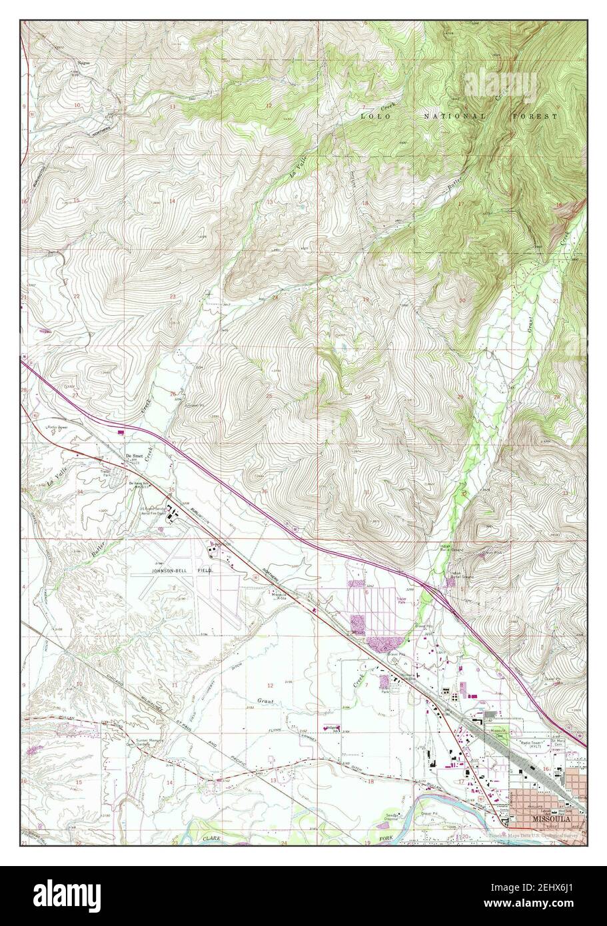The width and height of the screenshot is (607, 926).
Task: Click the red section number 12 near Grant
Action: (270, 686)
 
